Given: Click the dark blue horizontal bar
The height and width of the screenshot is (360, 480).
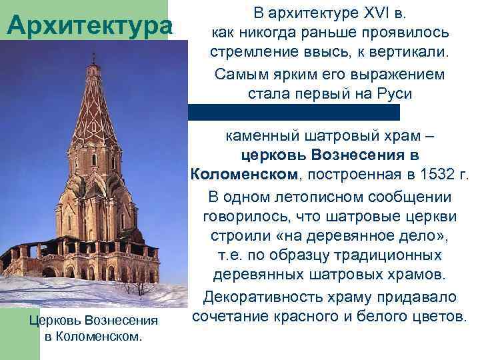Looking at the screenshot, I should [293, 112].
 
